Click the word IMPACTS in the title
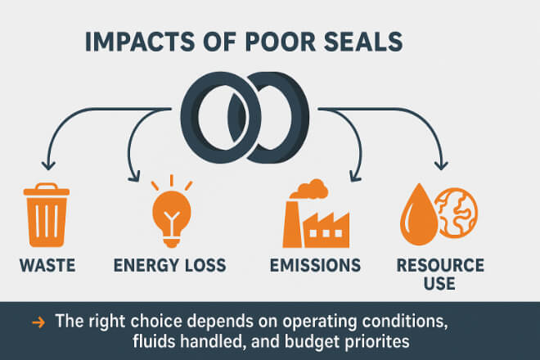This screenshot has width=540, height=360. tap(140, 42)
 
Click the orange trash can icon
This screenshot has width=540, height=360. tap(47, 215)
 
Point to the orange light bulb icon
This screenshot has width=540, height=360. tap(172, 212)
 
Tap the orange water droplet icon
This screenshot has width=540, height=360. tap(419, 215)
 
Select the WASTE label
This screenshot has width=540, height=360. tap(47, 266)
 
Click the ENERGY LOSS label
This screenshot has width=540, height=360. tap(170, 266)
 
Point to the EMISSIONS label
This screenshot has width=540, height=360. tap(315, 266)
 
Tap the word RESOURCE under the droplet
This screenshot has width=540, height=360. tap(440, 266)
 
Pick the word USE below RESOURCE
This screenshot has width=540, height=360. tap(439, 284)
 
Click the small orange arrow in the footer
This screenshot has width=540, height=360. tap(38, 323)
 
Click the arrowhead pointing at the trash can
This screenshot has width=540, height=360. tap(48, 164)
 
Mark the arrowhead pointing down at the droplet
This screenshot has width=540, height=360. tap(441, 164)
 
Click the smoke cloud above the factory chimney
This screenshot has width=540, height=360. tap(310, 189)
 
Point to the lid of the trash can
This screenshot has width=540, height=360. tap(47, 190)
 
